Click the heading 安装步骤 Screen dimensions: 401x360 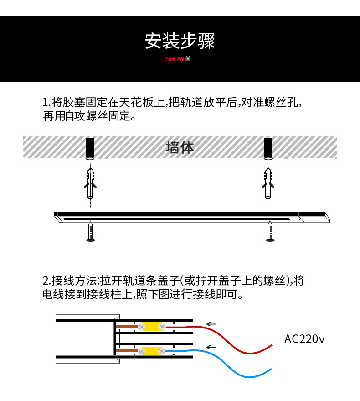(x=180, y=41)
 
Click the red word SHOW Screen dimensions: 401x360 (x=175, y=59)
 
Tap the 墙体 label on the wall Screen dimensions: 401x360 (x=180, y=147)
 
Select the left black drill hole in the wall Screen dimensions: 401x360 (x=90, y=147)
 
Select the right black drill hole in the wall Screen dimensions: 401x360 (x=268, y=147)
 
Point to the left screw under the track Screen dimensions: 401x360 (x=91, y=232)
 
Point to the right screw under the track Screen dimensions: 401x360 (x=270, y=232)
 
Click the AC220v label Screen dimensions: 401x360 (x=304, y=339)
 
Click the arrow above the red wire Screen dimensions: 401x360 (x=211, y=324)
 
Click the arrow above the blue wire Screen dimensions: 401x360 (x=211, y=348)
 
